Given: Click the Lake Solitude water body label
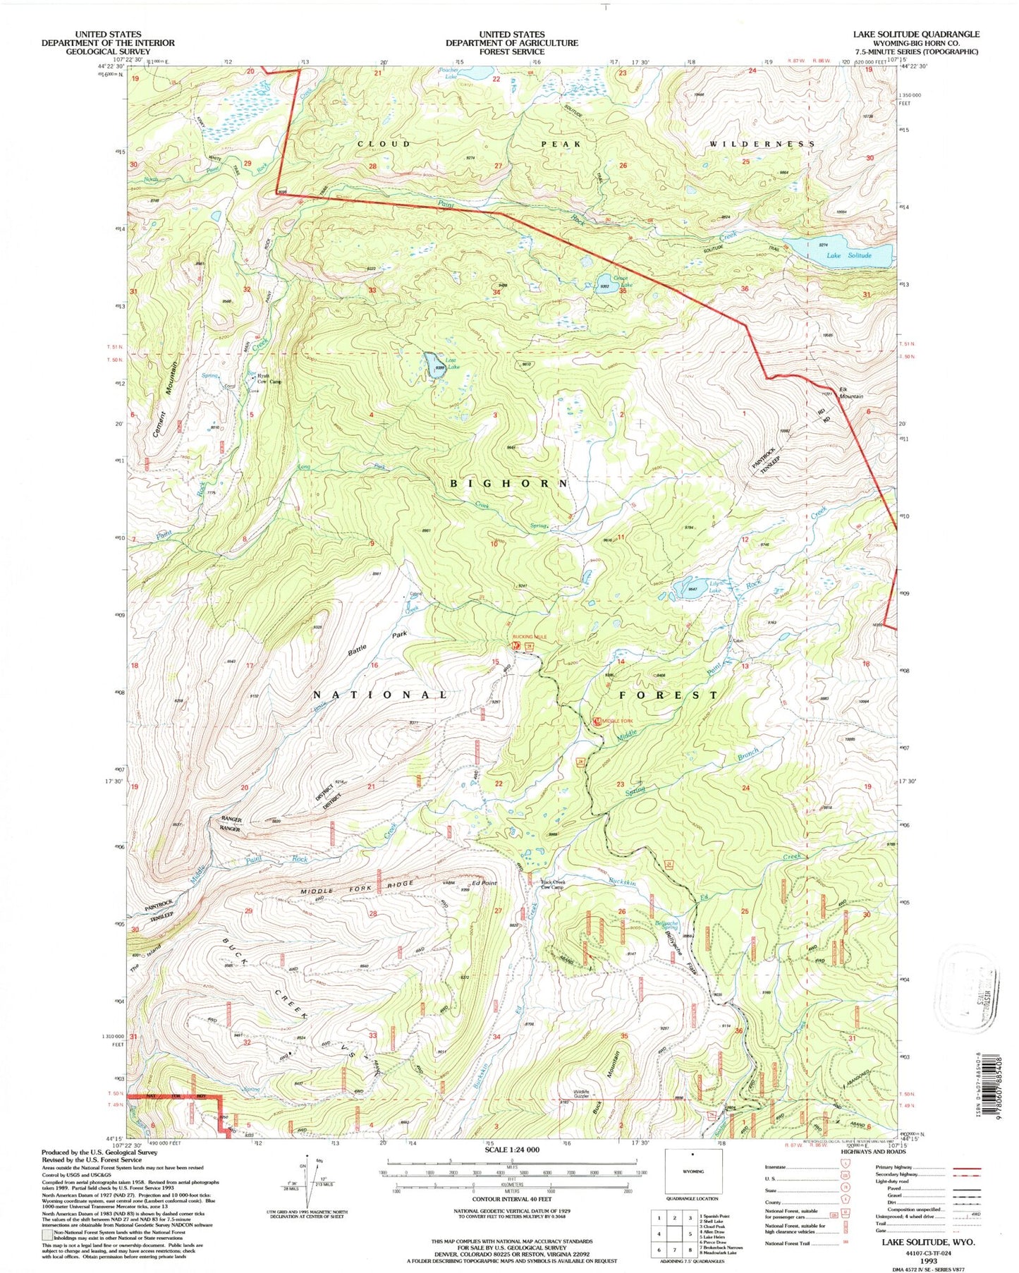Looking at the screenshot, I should pos(849,255).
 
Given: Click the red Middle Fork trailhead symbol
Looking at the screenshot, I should pos(597,721).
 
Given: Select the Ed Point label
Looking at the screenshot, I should pos(485,883).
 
